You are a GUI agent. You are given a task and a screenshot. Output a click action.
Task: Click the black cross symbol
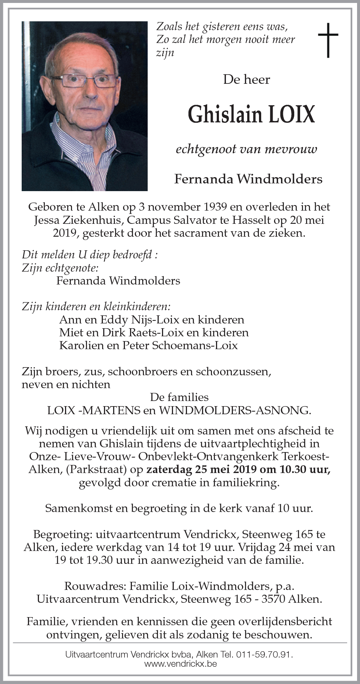coord(328,40)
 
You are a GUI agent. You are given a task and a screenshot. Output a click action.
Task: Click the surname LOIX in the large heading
coord(292,115)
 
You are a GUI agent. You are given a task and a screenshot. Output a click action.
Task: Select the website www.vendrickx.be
coord(180,663)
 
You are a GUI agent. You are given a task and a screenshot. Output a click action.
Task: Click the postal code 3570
coord(273,599)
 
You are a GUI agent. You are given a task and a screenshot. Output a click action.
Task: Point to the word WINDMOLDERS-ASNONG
coord(235,410)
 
